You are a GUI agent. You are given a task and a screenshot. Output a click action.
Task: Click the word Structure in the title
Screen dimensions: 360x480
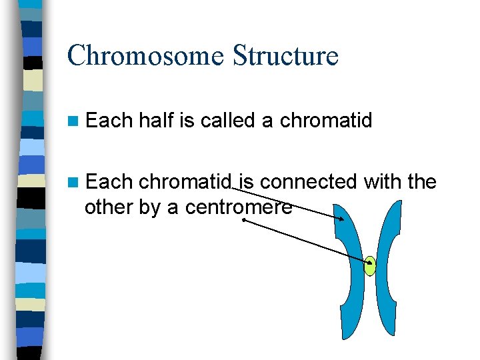point(285,55)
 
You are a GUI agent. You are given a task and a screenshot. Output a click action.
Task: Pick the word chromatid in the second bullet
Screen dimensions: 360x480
point(185,182)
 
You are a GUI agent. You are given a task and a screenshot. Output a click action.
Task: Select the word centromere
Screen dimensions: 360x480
point(239,207)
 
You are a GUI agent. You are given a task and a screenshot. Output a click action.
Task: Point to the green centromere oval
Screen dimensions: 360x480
point(370,267)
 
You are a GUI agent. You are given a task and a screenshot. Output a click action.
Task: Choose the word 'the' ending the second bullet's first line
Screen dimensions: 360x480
point(421,182)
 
